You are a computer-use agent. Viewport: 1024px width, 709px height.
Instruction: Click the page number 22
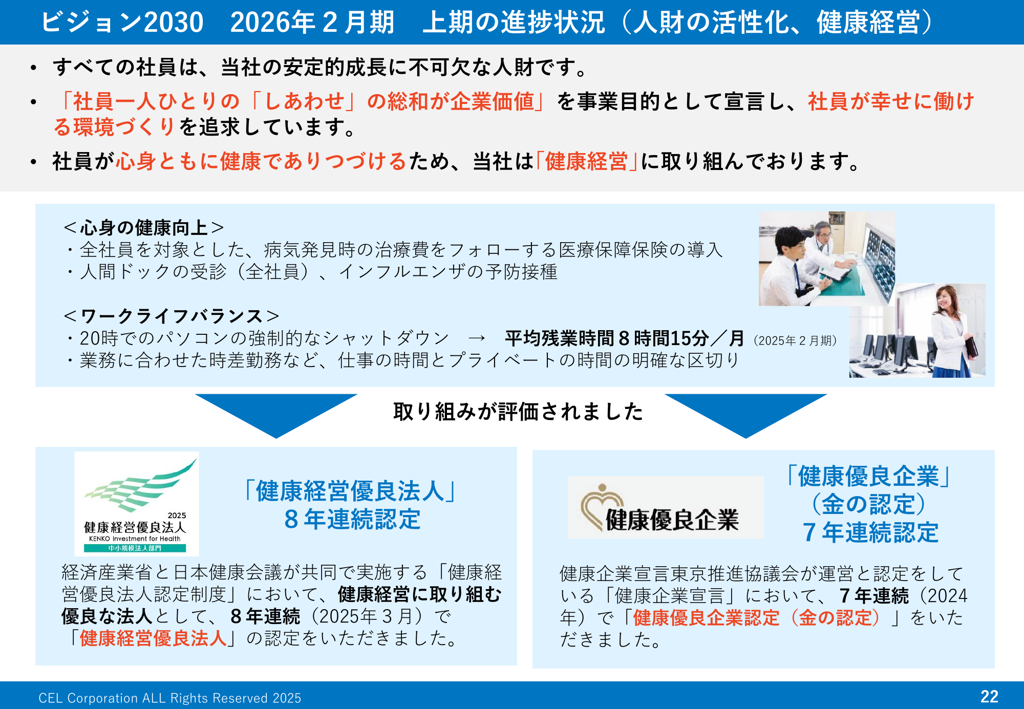(989, 696)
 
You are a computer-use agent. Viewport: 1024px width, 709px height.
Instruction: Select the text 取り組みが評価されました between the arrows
(518, 412)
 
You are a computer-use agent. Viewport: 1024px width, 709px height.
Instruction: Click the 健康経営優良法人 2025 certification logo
(137, 504)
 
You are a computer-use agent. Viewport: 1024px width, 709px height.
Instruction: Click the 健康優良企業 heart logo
(666, 507)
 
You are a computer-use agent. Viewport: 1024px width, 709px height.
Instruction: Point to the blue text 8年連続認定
(352, 519)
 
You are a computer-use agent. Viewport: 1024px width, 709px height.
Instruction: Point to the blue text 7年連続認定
(870, 532)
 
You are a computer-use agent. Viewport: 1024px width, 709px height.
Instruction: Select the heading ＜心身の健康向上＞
(144, 227)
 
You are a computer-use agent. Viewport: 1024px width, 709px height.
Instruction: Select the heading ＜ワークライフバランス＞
(172, 316)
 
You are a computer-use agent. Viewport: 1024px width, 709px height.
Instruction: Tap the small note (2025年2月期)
(795, 340)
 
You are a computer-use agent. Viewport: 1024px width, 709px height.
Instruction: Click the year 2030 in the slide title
(174, 22)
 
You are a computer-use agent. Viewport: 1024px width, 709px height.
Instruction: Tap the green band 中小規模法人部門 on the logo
(135, 548)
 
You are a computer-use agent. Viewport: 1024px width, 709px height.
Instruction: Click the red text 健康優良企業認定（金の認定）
(757, 618)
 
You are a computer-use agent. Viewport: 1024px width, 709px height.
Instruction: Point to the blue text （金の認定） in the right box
(869, 504)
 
